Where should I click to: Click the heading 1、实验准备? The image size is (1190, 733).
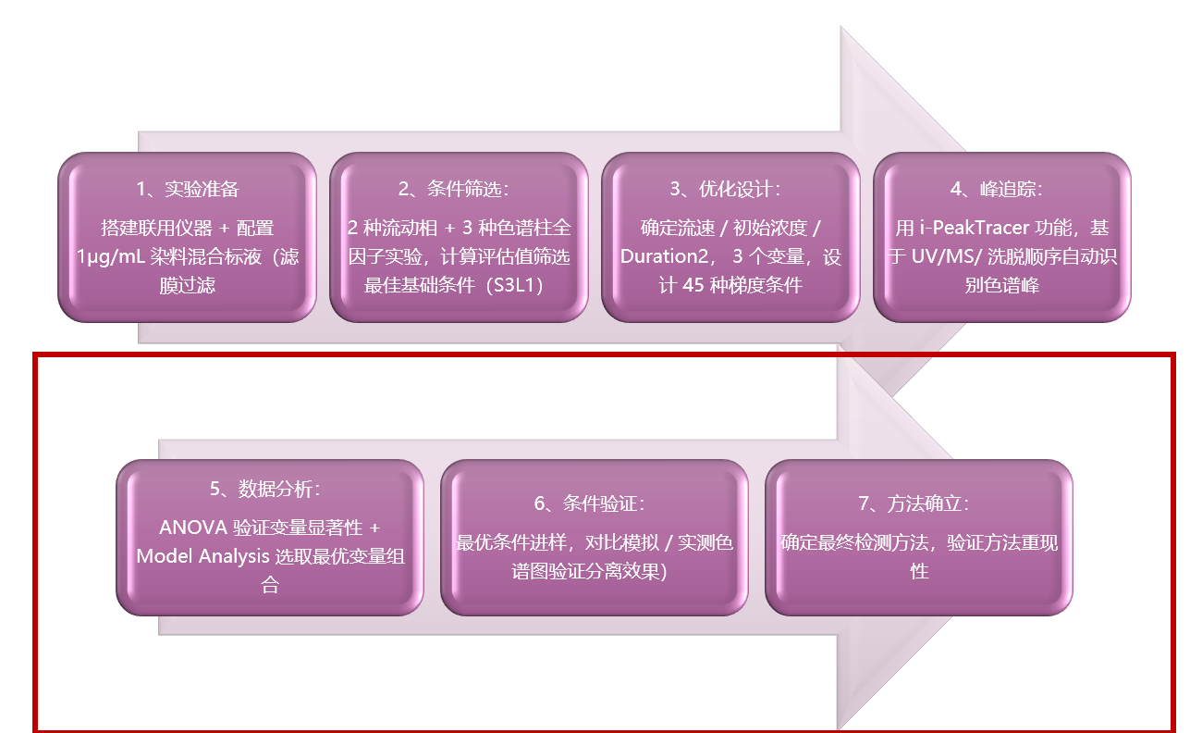[x=188, y=190]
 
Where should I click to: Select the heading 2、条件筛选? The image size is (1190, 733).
[x=454, y=190]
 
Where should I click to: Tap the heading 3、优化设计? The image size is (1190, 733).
[x=725, y=190]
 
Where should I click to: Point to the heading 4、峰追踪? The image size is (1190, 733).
[x=997, y=190]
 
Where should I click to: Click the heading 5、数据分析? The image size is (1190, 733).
[x=265, y=489]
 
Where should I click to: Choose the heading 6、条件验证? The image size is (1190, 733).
[x=590, y=503]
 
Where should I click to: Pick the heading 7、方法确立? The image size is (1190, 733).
[x=914, y=503]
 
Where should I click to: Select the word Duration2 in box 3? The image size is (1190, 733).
[x=664, y=257]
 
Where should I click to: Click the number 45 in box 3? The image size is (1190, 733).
[x=693, y=286]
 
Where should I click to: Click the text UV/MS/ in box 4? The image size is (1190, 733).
[x=946, y=257]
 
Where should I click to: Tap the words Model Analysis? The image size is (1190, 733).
[x=202, y=557]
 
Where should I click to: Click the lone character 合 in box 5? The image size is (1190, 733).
[x=270, y=585]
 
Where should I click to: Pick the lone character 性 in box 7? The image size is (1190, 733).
[x=919, y=571]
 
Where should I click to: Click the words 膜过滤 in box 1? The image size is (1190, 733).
[x=188, y=286]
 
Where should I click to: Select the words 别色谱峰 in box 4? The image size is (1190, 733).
[x=1002, y=286]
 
